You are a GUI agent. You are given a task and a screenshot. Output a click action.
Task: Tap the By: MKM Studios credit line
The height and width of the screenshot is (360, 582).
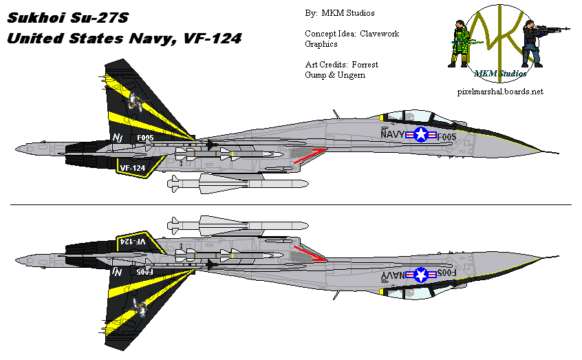(340, 13)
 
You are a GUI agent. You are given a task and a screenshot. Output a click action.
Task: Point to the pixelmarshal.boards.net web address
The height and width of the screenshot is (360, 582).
(499, 91)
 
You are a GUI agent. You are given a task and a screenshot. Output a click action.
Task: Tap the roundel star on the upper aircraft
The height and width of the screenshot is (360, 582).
(420, 135)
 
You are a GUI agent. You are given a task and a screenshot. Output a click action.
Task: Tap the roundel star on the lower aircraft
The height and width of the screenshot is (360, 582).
(420, 275)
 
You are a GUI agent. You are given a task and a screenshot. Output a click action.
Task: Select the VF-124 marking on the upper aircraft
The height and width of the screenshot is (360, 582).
(133, 167)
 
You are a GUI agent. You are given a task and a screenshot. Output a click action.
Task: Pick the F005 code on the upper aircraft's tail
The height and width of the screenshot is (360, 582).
(145, 138)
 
